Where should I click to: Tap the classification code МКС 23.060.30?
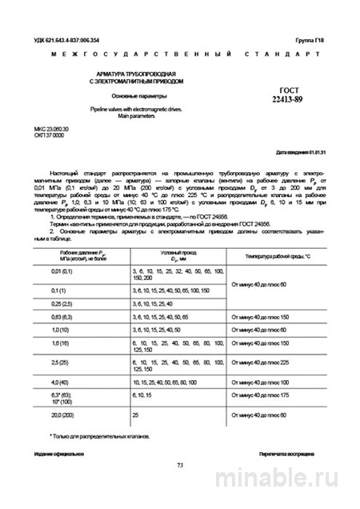click(x=54, y=128)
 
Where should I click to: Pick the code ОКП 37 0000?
click(x=50, y=134)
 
